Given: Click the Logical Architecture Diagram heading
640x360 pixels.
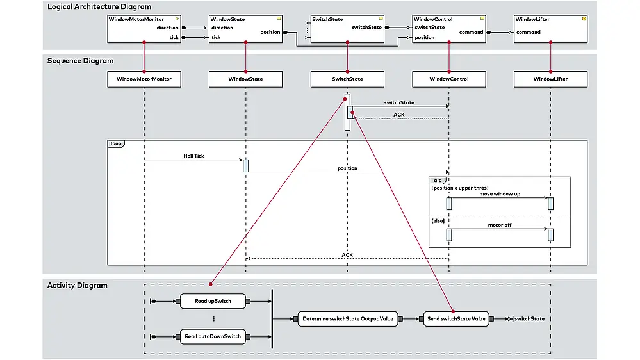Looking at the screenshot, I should (x=99, y=7).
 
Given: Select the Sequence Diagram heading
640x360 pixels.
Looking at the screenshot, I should (x=80, y=61).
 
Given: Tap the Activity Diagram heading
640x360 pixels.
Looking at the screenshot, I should (x=77, y=285).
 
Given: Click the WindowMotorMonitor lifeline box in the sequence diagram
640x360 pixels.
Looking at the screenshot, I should (x=144, y=79).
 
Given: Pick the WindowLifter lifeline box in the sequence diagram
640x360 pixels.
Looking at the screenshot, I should (x=550, y=79).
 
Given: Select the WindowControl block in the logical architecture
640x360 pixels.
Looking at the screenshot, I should (x=448, y=29).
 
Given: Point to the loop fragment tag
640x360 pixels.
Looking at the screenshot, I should (x=116, y=144).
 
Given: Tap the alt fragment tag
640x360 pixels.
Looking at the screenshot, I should (x=438, y=180).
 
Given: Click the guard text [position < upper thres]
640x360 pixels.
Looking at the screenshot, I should (x=459, y=188).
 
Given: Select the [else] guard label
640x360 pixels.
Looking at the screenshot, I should (x=438, y=220).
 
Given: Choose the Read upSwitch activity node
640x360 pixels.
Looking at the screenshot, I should (x=213, y=300).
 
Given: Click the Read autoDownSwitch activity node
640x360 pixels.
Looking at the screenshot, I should (x=213, y=336).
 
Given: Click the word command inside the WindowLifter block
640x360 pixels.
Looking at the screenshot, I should (x=529, y=32).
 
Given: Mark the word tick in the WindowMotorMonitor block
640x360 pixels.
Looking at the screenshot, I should (x=174, y=37).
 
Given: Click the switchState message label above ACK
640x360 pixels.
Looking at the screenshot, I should (x=399, y=102).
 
